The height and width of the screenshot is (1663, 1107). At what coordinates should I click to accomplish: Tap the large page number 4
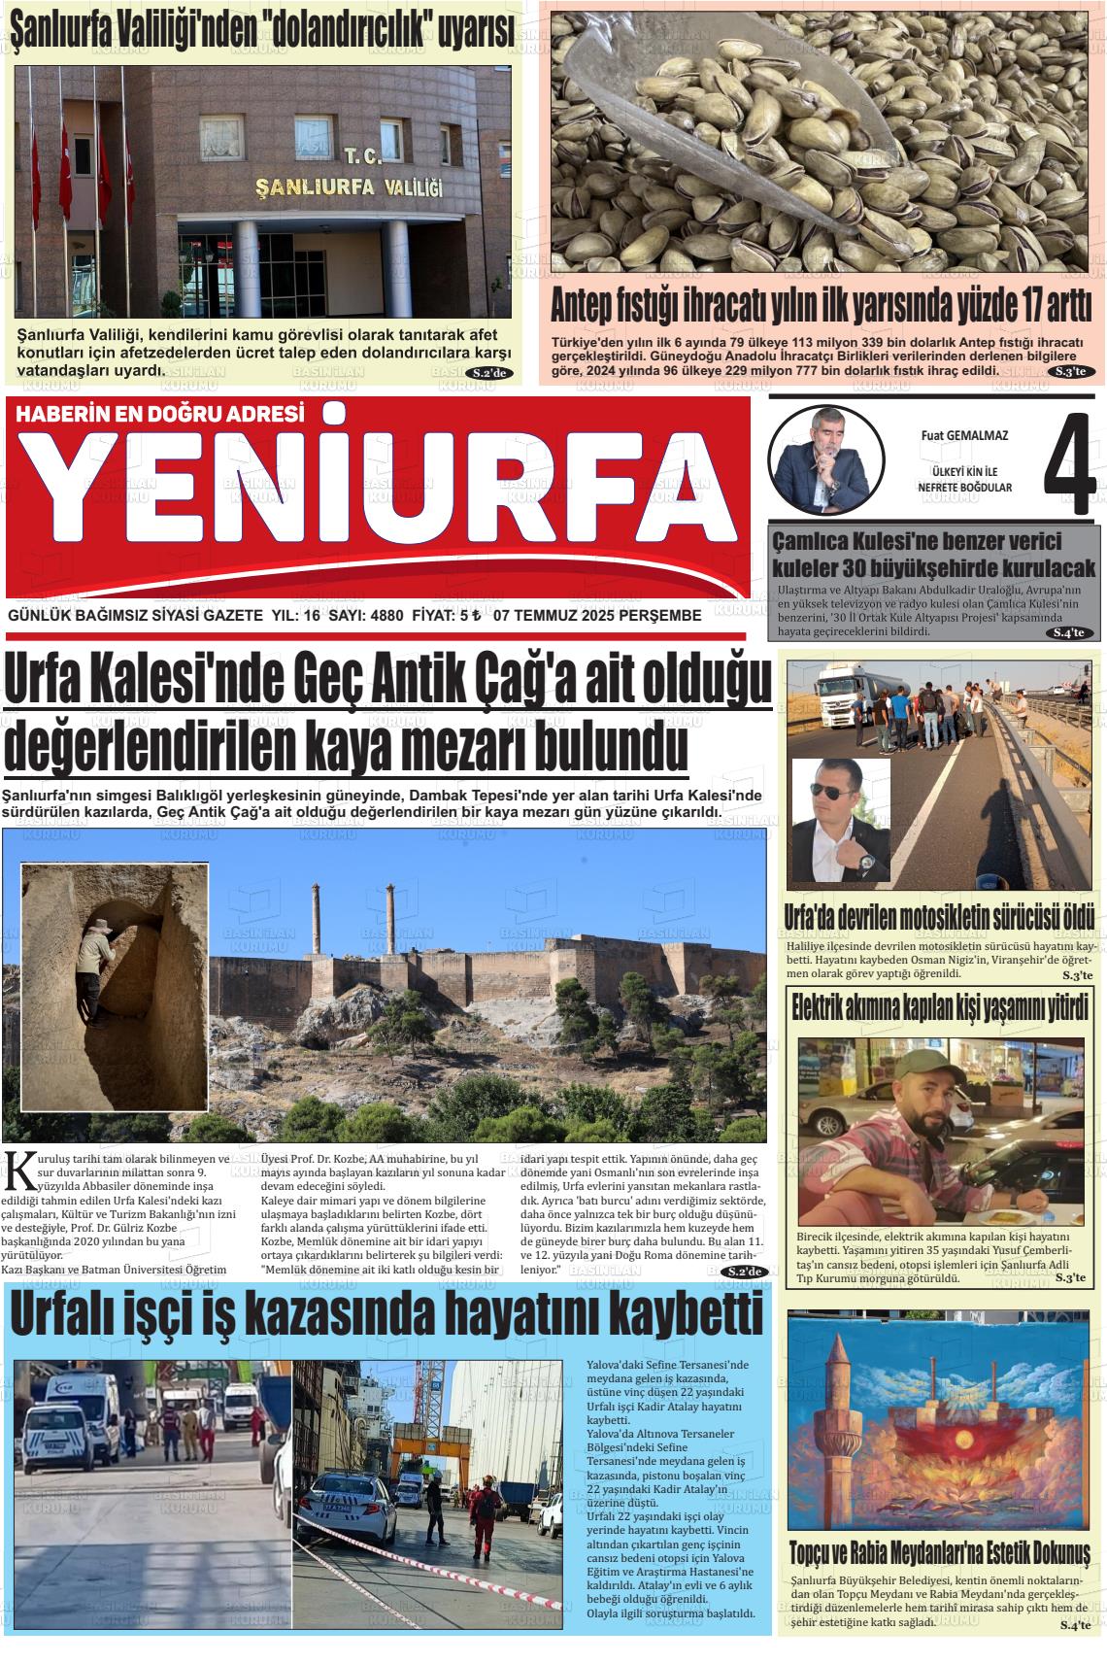pos(1069,465)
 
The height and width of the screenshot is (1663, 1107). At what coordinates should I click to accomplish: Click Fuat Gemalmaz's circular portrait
pos(825,459)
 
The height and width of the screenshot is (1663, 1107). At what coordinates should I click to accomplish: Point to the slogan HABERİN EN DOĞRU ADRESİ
pos(161,414)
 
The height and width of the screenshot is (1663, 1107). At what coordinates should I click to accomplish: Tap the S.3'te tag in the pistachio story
pos(1073,372)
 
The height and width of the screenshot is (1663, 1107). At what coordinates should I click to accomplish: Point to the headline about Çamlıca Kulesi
pos(933,555)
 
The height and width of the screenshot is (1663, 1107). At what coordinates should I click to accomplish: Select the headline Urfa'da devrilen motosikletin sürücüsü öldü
pos(939,917)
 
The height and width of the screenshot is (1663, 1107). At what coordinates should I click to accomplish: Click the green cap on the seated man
pos(919,1067)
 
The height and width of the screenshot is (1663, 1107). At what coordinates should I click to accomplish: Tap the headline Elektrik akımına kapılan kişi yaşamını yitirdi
pos(939,1008)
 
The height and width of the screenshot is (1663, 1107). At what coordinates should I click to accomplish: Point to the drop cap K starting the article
pos(17,1172)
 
